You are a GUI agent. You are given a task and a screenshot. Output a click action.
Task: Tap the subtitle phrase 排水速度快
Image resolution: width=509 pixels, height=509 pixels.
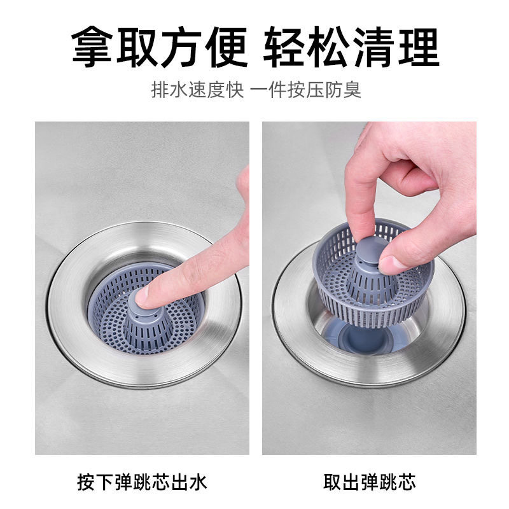pyautogui.click(x=197, y=89)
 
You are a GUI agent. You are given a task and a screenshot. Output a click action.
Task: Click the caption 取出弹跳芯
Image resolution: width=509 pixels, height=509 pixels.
pyautogui.click(x=369, y=482)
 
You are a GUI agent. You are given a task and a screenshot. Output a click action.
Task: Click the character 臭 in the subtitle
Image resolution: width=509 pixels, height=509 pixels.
pyautogui.click(x=353, y=89)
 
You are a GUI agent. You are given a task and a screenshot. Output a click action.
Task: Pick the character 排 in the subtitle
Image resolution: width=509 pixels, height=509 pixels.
pyautogui.click(x=159, y=89)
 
